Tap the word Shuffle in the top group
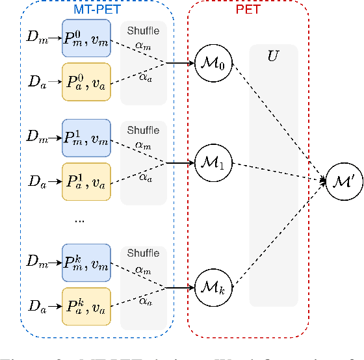pos(143,31)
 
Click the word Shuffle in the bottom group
pos(143,254)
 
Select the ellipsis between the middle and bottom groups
pos(79,220)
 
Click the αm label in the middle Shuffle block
pos(143,144)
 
